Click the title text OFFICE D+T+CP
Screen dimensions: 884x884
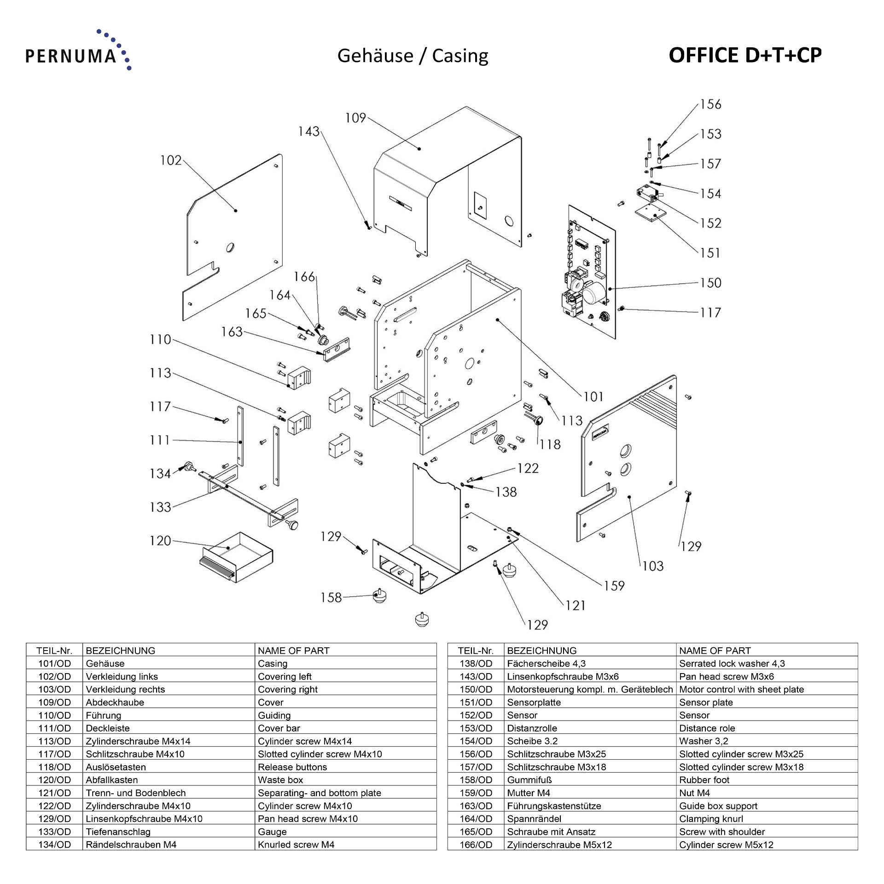pos(744,55)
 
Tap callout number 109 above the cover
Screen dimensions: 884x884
pos(355,118)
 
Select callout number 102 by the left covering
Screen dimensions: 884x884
pos(171,160)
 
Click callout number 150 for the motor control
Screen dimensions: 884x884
pos(710,283)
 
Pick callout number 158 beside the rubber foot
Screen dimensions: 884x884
pos(331,598)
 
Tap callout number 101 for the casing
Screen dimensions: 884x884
pos(593,396)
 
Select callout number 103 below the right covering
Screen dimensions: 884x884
pos(652,566)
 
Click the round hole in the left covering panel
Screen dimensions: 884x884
pos(230,248)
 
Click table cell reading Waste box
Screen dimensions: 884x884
pos(280,780)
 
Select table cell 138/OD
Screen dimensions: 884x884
pos(476,663)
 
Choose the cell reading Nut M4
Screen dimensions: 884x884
pos(694,793)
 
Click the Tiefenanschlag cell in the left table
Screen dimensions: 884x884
pos(118,832)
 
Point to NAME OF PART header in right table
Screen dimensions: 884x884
pos(715,651)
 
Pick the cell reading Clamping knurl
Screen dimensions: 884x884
pos(711,819)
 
